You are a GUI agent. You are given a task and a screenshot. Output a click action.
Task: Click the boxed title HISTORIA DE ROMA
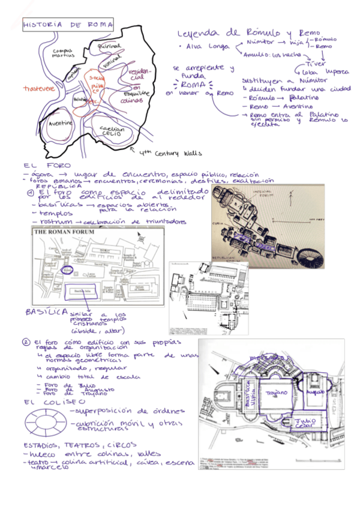[68, 25]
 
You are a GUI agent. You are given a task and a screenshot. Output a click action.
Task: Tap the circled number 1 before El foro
[29, 193]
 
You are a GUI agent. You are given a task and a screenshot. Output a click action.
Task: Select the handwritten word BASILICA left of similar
[45, 312]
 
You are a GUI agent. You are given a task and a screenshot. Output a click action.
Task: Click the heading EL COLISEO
[47, 401]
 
